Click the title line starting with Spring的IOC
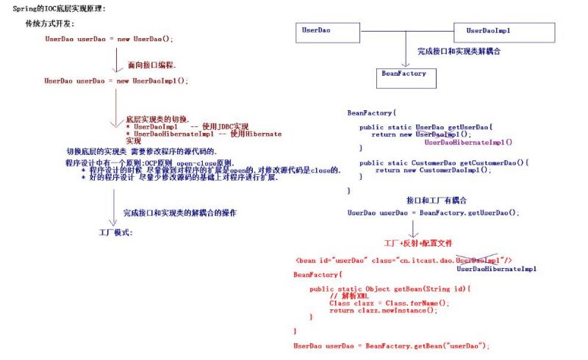pyautogui.click(x=59, y=8)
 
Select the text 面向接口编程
pyautogui.click(x=152, y=65)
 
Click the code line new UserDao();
pyautogui.click(x=109, y=39)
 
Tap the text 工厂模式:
pyautogui.click(x=115, y=231)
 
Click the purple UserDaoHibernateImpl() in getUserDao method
pyautogui.click(x=468, y=143)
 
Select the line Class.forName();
pyautogui.click(x=388, y=303)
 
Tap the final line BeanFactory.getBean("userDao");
pyautogui.click(x=391, y=345)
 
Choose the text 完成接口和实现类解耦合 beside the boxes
pyautogui.click(x=459, y=52)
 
